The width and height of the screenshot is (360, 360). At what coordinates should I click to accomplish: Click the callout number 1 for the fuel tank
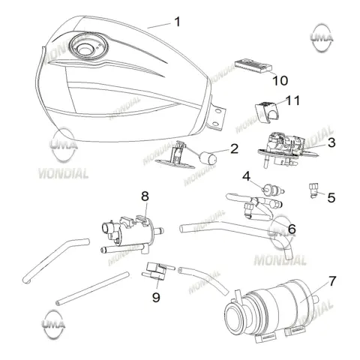[x=177, y=22]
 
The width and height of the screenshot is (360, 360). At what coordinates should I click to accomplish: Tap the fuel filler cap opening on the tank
[x=85, y=49]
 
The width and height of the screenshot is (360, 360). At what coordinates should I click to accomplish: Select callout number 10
[x=280, y=80]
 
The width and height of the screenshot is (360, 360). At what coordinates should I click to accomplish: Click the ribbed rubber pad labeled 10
[x=253, y=65]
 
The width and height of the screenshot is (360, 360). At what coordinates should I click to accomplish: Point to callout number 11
[x=292, y=100]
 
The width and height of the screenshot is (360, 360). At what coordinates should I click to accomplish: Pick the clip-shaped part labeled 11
[x=265, y=112]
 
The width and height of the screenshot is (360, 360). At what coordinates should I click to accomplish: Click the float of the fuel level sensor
[x=208, y=158]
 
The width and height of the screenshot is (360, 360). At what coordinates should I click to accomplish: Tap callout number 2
[x=234, y=149]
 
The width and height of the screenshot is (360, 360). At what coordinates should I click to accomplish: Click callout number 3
[x=331, y=142]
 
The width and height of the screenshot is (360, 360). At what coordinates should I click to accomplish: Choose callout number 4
[x=246, y=176]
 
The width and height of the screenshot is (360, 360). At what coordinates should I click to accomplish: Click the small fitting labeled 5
[x=313, y=190]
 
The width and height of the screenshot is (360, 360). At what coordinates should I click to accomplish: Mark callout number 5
[x=331, y=198]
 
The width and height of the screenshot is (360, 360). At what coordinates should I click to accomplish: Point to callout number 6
[x=292, y=229]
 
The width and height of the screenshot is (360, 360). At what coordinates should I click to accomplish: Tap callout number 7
[x=332, y=281]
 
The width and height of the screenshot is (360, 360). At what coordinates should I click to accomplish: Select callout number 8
[x=145, y=196]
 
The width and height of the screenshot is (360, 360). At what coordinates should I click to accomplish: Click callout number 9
[x=156, y=297]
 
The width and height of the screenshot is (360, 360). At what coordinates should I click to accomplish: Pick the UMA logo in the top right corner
[x=322, y=37]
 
